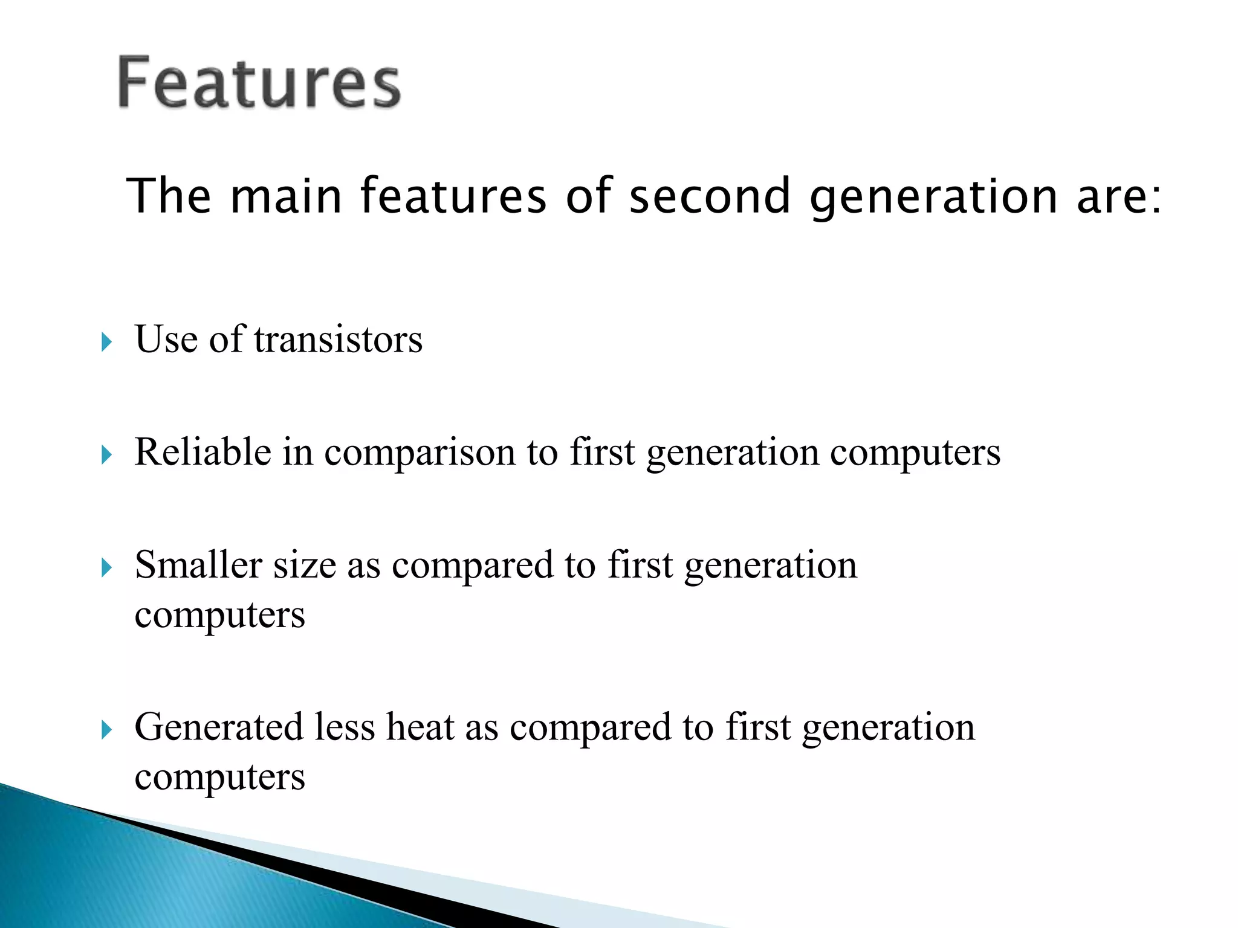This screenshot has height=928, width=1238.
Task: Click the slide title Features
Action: pos(259,82)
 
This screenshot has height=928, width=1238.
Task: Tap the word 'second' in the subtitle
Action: pos(710,196)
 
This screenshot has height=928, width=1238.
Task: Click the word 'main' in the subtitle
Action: pos(287,196)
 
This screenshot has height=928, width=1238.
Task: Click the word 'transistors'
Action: pos(338,339)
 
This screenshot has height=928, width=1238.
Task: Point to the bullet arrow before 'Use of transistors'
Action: pos(107,343)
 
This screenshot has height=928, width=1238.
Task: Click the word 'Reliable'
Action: pos(203,452)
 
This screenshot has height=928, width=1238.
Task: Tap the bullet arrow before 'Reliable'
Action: pos(107,455)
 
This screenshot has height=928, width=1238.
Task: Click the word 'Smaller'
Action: pos(198,565)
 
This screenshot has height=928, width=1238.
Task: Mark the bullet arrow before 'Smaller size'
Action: pos(107,568)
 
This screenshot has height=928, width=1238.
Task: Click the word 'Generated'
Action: pos(218,727)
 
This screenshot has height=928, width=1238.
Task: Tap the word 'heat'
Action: pos(420,727)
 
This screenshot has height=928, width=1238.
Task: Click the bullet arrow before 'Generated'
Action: pos(107,730)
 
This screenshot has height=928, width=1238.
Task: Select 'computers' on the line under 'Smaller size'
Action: pos(219,616)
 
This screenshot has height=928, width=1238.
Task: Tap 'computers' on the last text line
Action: pos(219,778)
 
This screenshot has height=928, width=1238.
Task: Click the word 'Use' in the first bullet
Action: pos(166,339)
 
